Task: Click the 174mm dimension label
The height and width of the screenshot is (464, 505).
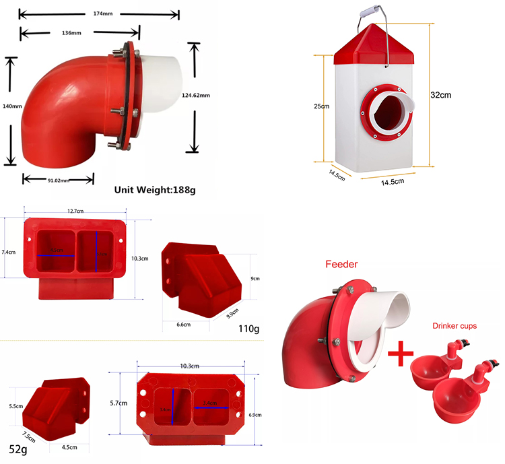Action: click(99, 13)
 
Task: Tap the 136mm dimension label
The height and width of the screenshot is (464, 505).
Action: click(71, 32)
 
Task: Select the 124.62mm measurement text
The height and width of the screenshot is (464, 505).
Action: click(196, 96)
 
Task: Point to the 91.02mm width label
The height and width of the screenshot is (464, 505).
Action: click(58, 179)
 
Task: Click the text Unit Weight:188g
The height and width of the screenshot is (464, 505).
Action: click(154, 191)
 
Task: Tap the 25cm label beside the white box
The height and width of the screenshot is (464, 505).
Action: click(322, 106)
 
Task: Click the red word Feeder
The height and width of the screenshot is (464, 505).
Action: click(341, 265)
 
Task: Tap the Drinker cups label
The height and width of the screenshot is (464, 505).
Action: click(454, 325)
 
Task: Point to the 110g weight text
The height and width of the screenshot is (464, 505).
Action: click(248, 329)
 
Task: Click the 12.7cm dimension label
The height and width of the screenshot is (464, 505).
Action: click(75, 211)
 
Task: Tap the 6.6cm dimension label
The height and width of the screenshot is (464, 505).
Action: click(183, 325)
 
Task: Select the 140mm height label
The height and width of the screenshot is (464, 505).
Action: click(12, 106)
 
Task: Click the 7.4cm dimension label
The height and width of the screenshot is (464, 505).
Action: click(9, 252)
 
